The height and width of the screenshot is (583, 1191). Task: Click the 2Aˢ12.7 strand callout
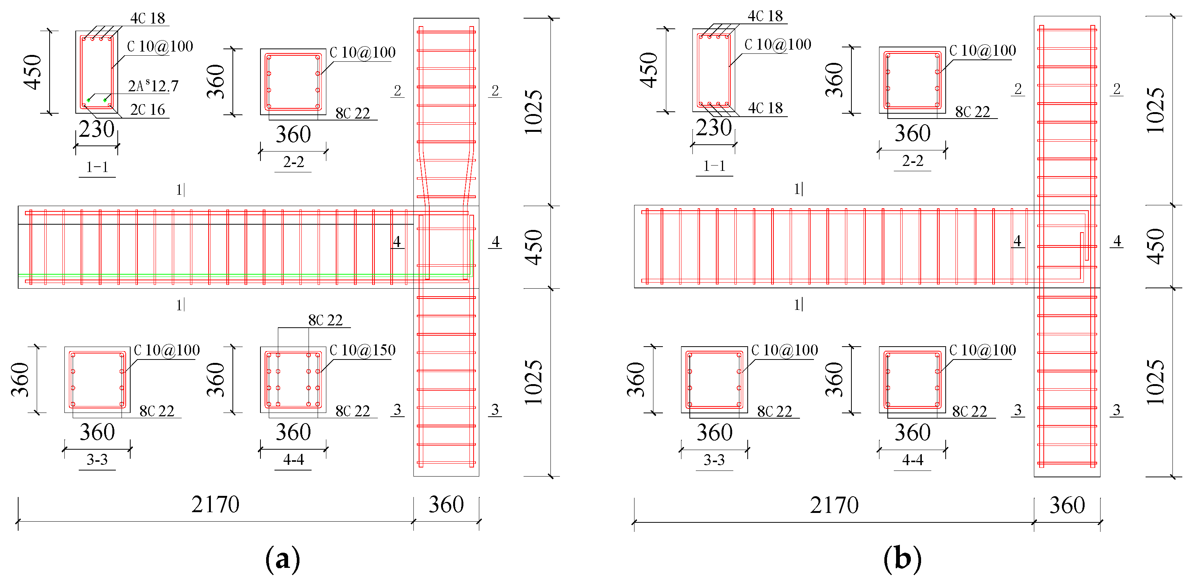153,86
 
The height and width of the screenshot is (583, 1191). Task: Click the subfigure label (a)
282,558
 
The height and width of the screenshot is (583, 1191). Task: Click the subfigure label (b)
902,558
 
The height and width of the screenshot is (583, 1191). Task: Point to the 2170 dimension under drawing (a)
215,504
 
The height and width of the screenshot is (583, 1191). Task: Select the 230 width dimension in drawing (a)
96,129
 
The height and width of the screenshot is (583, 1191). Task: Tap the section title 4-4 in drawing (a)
293,460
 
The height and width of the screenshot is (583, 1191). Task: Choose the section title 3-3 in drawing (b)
714,460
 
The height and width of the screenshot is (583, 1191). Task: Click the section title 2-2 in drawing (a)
293,162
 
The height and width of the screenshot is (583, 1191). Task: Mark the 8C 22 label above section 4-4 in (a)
325,320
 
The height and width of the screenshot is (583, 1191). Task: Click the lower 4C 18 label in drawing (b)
765,108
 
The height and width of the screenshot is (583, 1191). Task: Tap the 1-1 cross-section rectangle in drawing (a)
97,72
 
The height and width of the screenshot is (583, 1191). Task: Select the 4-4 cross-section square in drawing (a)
293,380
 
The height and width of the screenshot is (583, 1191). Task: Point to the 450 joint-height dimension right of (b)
1156,246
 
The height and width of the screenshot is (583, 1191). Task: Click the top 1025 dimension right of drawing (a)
534,112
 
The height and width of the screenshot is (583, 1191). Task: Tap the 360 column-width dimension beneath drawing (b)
1066,505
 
